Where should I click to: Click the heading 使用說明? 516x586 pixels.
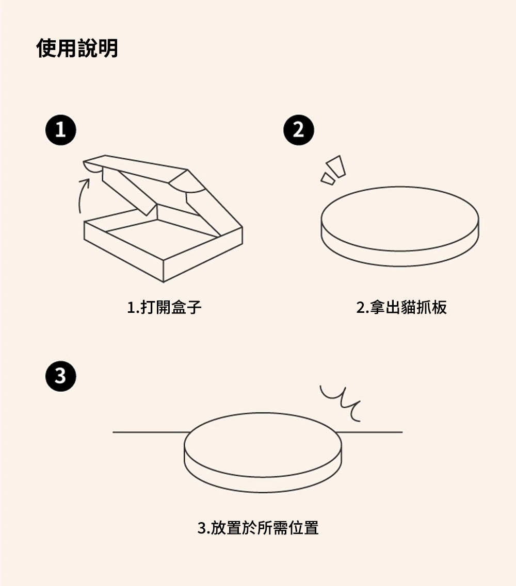(77, 48)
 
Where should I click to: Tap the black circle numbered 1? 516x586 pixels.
(60, 130)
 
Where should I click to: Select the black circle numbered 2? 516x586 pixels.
(299, 130)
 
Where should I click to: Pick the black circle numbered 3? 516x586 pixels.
(60, 376)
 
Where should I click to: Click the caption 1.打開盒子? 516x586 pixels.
(164, 307)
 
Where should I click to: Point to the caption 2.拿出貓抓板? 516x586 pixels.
(401, 307)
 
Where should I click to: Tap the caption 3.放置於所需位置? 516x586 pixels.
(258, 528)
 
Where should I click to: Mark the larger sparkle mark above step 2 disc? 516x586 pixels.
(335, 166)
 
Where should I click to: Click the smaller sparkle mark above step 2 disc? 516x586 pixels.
(328, 179)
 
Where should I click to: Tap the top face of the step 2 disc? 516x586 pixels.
(399, 219)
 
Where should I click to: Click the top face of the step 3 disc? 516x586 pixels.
(263, 445)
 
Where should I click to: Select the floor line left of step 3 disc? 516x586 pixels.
(151, 432)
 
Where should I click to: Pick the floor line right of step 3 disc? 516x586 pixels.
(369, 432)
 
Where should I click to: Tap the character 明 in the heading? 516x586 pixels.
(108, 48)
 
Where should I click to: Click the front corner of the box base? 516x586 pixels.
(164, 281)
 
